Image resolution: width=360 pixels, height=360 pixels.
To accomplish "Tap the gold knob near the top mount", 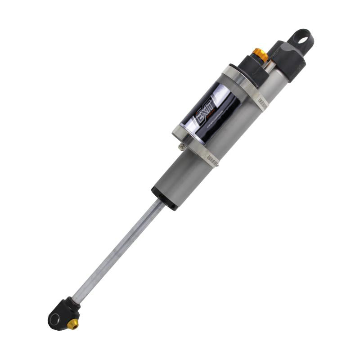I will [x=260, y=54].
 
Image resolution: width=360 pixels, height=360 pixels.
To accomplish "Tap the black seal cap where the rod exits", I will [x=164, y=198].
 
